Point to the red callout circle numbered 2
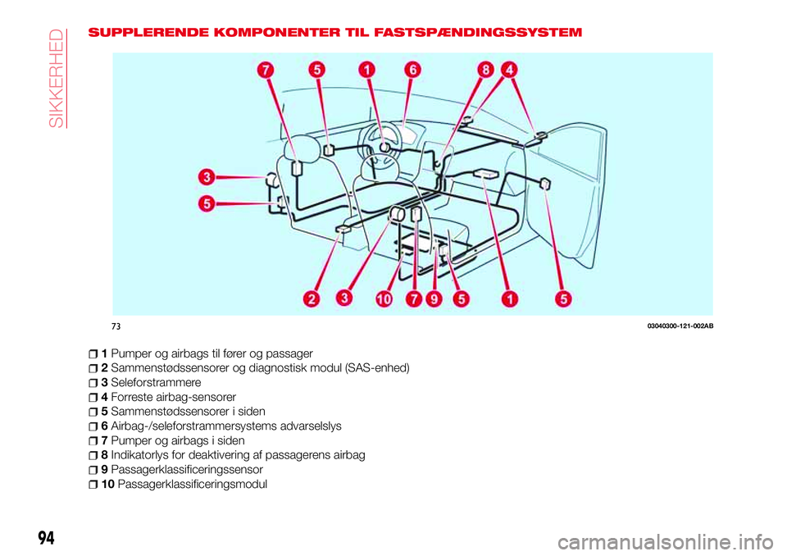point(312,299)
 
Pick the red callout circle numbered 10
point(384,300)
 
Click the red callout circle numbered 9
point(434,300)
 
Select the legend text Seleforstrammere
point(155,382)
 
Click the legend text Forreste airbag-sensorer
point(173,397)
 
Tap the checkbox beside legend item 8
point(96,455)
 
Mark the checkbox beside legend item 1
point(96,353)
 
